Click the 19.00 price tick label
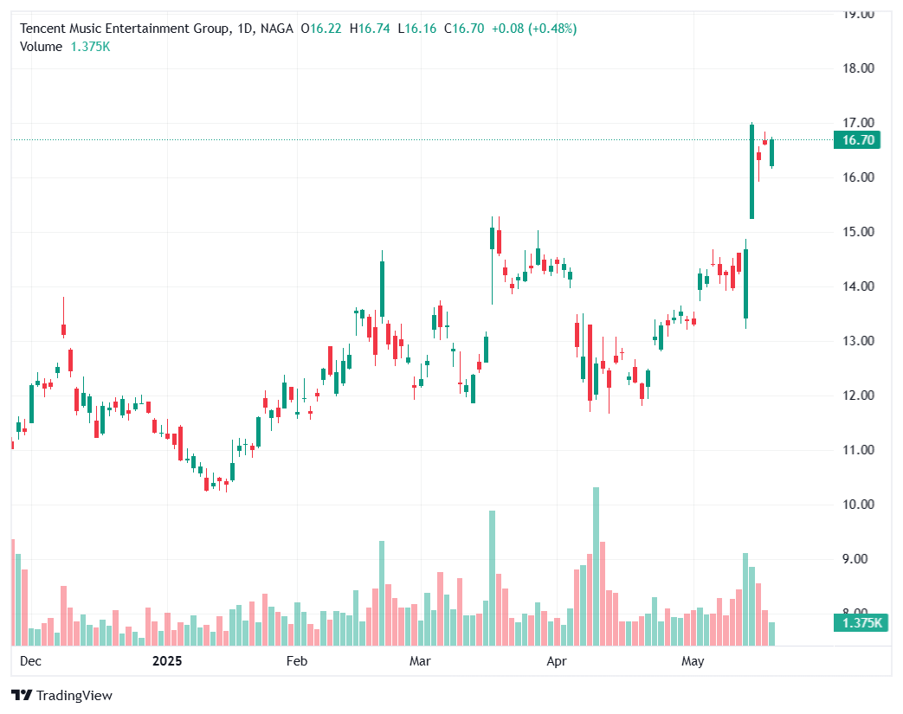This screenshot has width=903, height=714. tap(861, 14)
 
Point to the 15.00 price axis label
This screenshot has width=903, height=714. tap(861, 232)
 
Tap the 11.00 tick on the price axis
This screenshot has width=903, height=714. tap(861, 450)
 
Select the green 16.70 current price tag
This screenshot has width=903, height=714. tap(855, 140)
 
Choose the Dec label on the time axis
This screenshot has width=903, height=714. tap(30, 662)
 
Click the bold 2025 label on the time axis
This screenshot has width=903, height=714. tap(167, 662)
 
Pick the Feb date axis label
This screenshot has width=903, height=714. tap(297, 662)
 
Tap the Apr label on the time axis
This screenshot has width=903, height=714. tap(557, 662)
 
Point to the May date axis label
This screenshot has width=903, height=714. tap(693, 662)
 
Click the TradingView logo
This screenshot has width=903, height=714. tap(61, 695)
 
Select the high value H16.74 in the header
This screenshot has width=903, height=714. tap(371, 29)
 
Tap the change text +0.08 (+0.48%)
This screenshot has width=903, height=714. tap(534, 29)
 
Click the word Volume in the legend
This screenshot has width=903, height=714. tap(41, 47)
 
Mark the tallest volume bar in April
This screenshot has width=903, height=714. tap(596, 566)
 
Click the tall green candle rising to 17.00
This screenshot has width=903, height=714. tap(751, 171)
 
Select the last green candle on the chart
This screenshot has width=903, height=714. tap(771, 152)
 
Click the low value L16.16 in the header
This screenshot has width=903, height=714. tap(417, 29)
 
